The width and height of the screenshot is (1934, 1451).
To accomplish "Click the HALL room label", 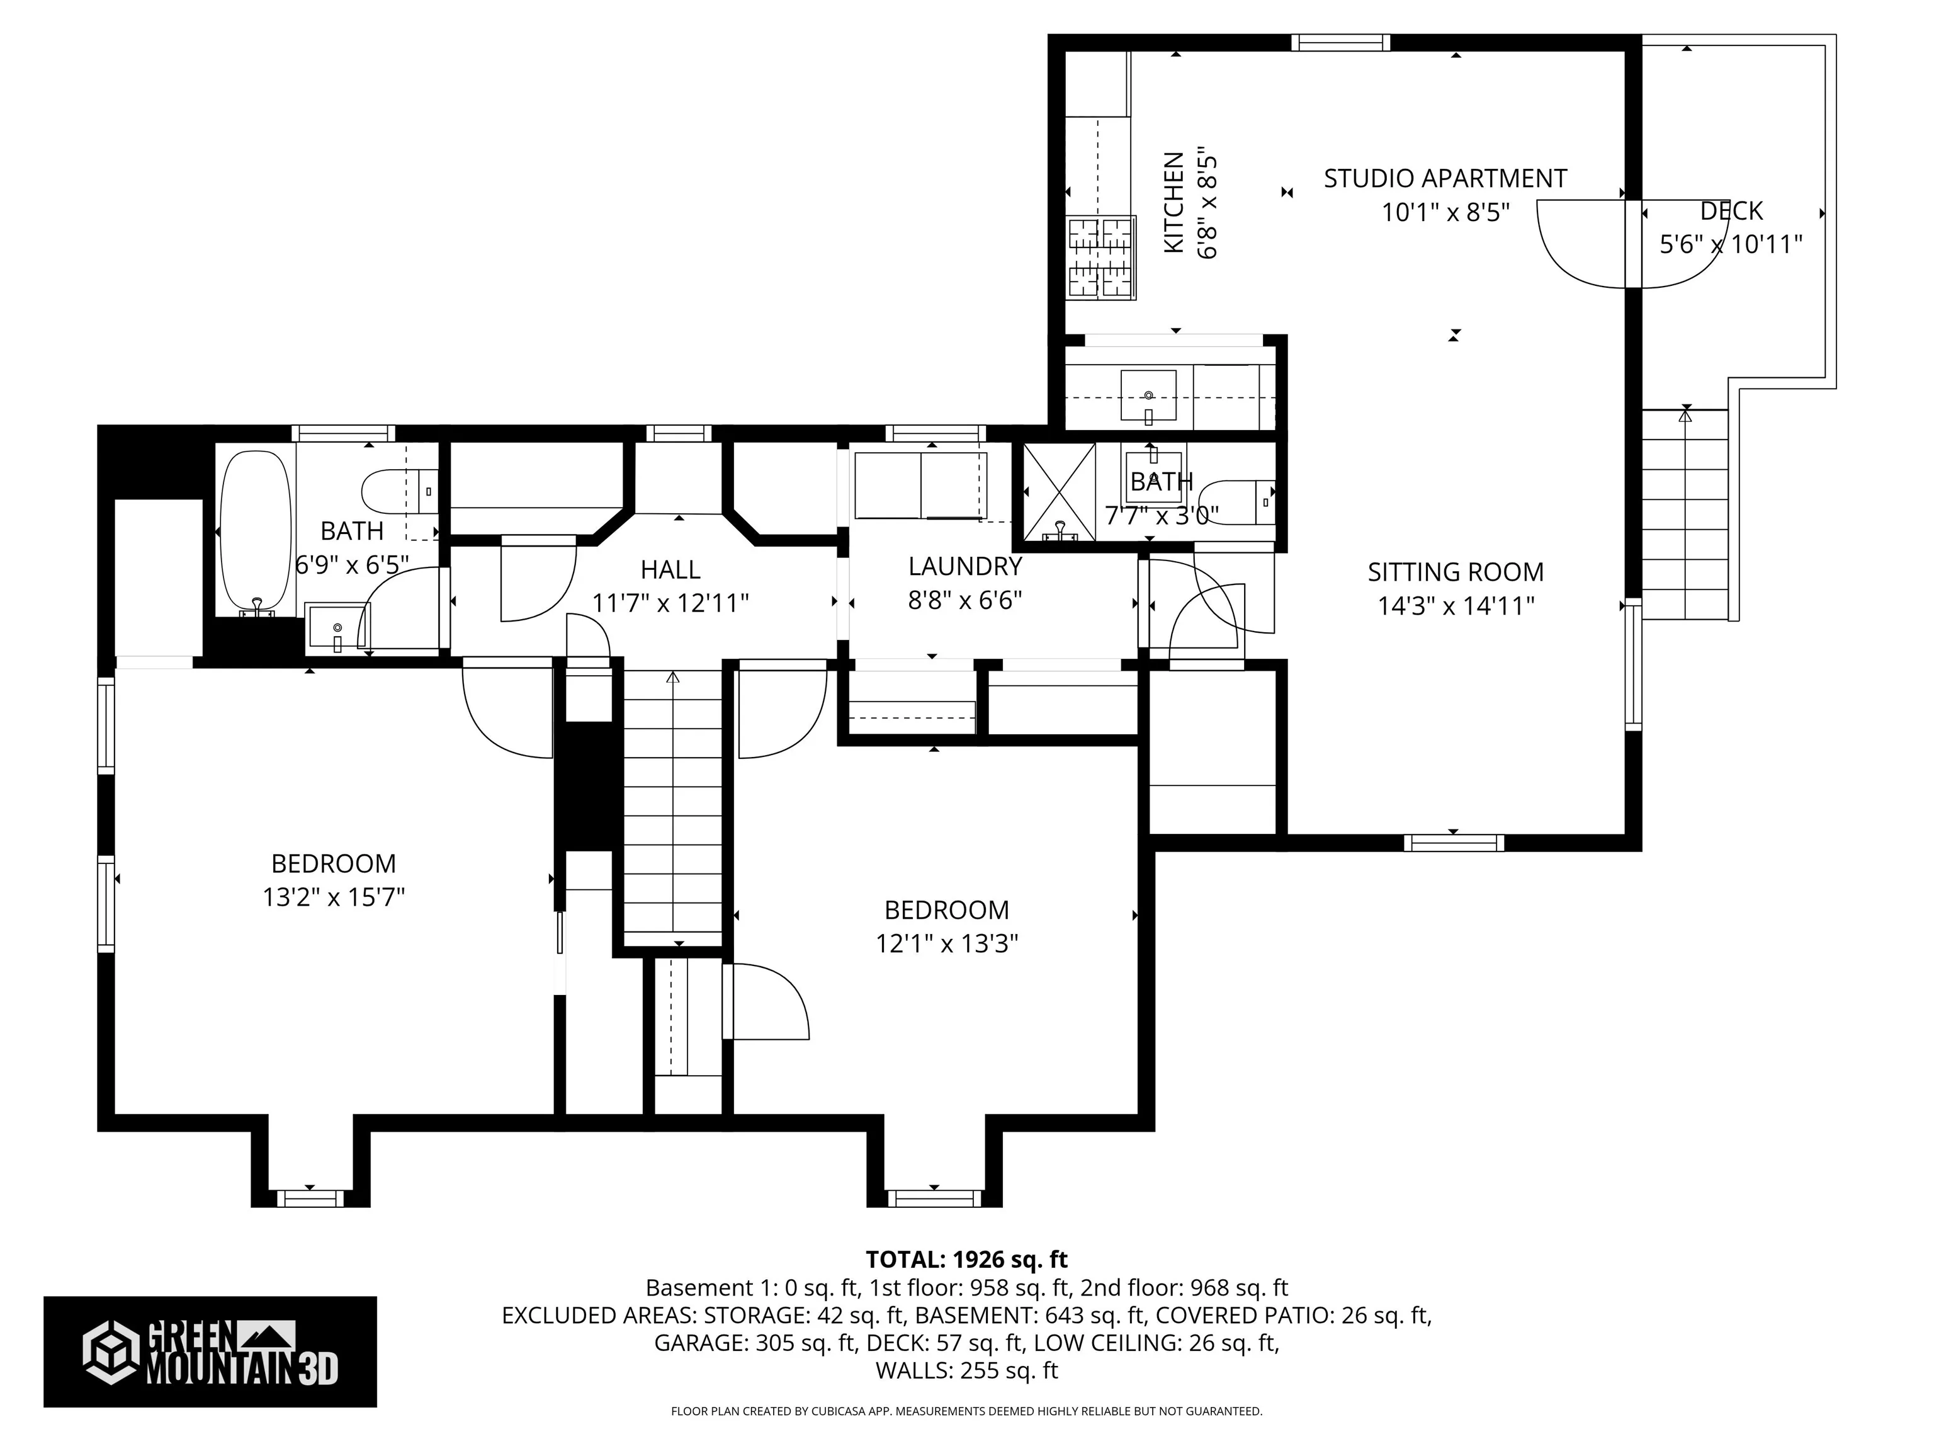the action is pyautogui.click(x=670, y=570).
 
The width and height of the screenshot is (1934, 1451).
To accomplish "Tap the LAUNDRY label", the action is pyautogui.click(x=965, y=567).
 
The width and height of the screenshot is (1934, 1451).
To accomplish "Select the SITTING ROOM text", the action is pyautogui.click(x=1456, y=572).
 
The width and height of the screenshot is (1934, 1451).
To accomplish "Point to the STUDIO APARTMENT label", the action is pyautogui.click(x=1445, y=178).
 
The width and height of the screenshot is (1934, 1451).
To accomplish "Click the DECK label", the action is pyautogui.click(x=1732, y=211).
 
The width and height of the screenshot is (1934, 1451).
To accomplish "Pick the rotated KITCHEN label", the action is pyautogui.click(x=1174, y=203).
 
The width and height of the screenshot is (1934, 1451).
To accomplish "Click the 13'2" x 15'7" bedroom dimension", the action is pyautogui.click(x=334, y=897).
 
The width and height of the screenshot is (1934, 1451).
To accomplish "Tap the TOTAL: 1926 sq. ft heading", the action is pyautogui.click(x=967, y=1260).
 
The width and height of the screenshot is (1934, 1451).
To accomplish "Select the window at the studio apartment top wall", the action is pyautogui.click(x=1340, y=43).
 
